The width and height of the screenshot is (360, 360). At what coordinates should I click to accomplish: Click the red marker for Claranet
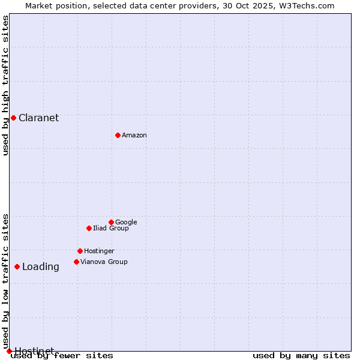(x=13, y=118)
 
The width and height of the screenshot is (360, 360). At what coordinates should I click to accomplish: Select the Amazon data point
(x=118, y=135)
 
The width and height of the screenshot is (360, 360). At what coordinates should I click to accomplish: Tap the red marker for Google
(x=111, y=222)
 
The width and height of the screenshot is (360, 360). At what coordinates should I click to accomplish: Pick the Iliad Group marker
(x=89, y=228)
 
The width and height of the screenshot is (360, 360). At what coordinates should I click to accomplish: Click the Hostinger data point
(x=80, y=251)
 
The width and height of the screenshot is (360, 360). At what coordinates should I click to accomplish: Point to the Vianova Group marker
(x=76, y=262)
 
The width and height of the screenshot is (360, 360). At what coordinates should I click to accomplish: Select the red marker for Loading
(x=17, y=266)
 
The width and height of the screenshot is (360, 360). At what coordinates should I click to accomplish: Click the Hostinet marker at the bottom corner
(x=9, y=351)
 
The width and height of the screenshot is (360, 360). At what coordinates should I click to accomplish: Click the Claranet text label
(x=38, y=118)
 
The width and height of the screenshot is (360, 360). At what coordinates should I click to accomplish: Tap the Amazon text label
(x=134, y=135)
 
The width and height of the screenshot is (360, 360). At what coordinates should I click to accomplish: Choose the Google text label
(x=126, y=222)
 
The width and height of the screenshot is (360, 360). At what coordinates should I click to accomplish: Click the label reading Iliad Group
(x=110, y=228)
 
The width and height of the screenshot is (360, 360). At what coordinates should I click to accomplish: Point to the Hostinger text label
(x=99, y=251)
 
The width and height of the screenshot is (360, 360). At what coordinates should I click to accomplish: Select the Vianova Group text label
(x=104, y=262)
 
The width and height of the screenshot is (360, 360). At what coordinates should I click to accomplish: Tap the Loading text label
(x=40, y=267)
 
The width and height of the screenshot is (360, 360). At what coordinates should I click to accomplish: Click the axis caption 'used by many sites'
(x=301, y=356)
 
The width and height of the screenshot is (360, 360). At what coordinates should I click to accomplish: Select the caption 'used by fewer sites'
(x=62, y=356)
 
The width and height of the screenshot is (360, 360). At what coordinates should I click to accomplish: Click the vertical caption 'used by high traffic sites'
(x=5, y=85)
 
